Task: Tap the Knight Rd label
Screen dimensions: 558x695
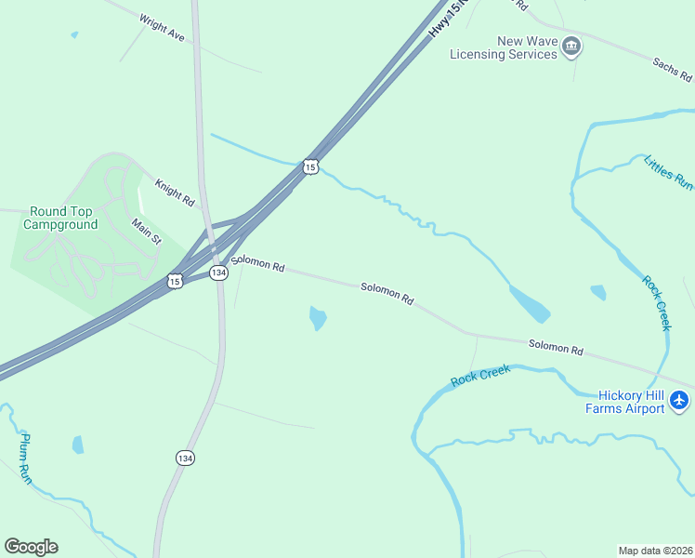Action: [175, 193]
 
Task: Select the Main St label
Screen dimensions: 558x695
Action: [146, 232]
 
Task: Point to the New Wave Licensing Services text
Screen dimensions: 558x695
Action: [503, 47]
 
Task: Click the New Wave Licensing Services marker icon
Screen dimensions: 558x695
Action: [571, 46]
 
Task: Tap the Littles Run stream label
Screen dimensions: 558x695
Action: [668, 172]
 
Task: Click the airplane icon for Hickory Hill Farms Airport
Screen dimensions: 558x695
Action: [679, 400]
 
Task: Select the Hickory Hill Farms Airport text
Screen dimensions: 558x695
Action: [624, 401]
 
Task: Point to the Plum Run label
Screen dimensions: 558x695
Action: [27, 458]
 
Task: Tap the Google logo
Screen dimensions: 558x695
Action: [31, 547]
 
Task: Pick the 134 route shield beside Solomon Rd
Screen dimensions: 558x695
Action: [217, 272]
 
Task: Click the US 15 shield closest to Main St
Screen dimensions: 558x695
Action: [174, 280]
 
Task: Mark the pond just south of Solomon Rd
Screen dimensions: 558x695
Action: [318, 318]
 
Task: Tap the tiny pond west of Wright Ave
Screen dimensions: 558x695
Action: [74, 35]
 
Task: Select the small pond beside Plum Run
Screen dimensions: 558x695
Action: [78, 445]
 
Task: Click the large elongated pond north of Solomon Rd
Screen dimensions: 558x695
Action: [529, 302]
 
